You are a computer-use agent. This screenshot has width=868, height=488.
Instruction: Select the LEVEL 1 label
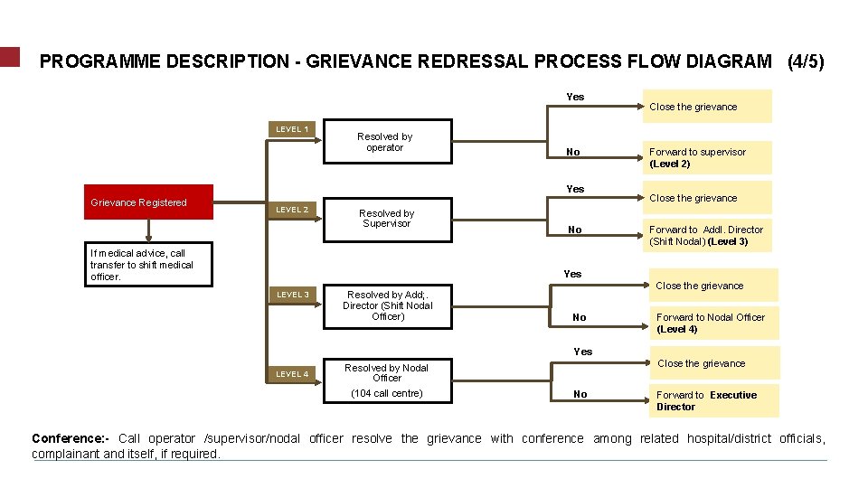click(x=292, y=129)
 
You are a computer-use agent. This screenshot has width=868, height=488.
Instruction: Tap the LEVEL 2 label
click(x=292, y=210)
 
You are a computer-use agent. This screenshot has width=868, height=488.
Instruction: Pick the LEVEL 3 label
click(x=292, y=295)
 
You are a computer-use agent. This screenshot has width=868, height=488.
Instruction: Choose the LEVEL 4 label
click(x=292, y=374)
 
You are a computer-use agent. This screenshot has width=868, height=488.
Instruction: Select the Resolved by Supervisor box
click(x=387, y=220)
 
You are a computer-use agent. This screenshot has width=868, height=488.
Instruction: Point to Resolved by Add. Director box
click(x=388, y=305)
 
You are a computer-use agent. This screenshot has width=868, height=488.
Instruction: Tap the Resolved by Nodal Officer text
click(x=387, y=372)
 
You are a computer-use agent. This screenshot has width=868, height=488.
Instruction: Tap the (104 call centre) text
click(x=387, y=394)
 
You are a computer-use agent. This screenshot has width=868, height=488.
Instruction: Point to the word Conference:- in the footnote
click(x=71, y=439)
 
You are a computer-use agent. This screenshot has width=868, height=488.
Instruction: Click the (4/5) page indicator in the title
click(x=806, y=62)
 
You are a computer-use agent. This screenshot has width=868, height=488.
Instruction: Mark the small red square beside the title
click(x=9, y=57)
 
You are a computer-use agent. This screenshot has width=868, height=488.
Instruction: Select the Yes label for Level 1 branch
click(x=575, y=97)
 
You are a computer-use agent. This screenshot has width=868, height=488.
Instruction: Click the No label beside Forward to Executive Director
click(x=580, y=394)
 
